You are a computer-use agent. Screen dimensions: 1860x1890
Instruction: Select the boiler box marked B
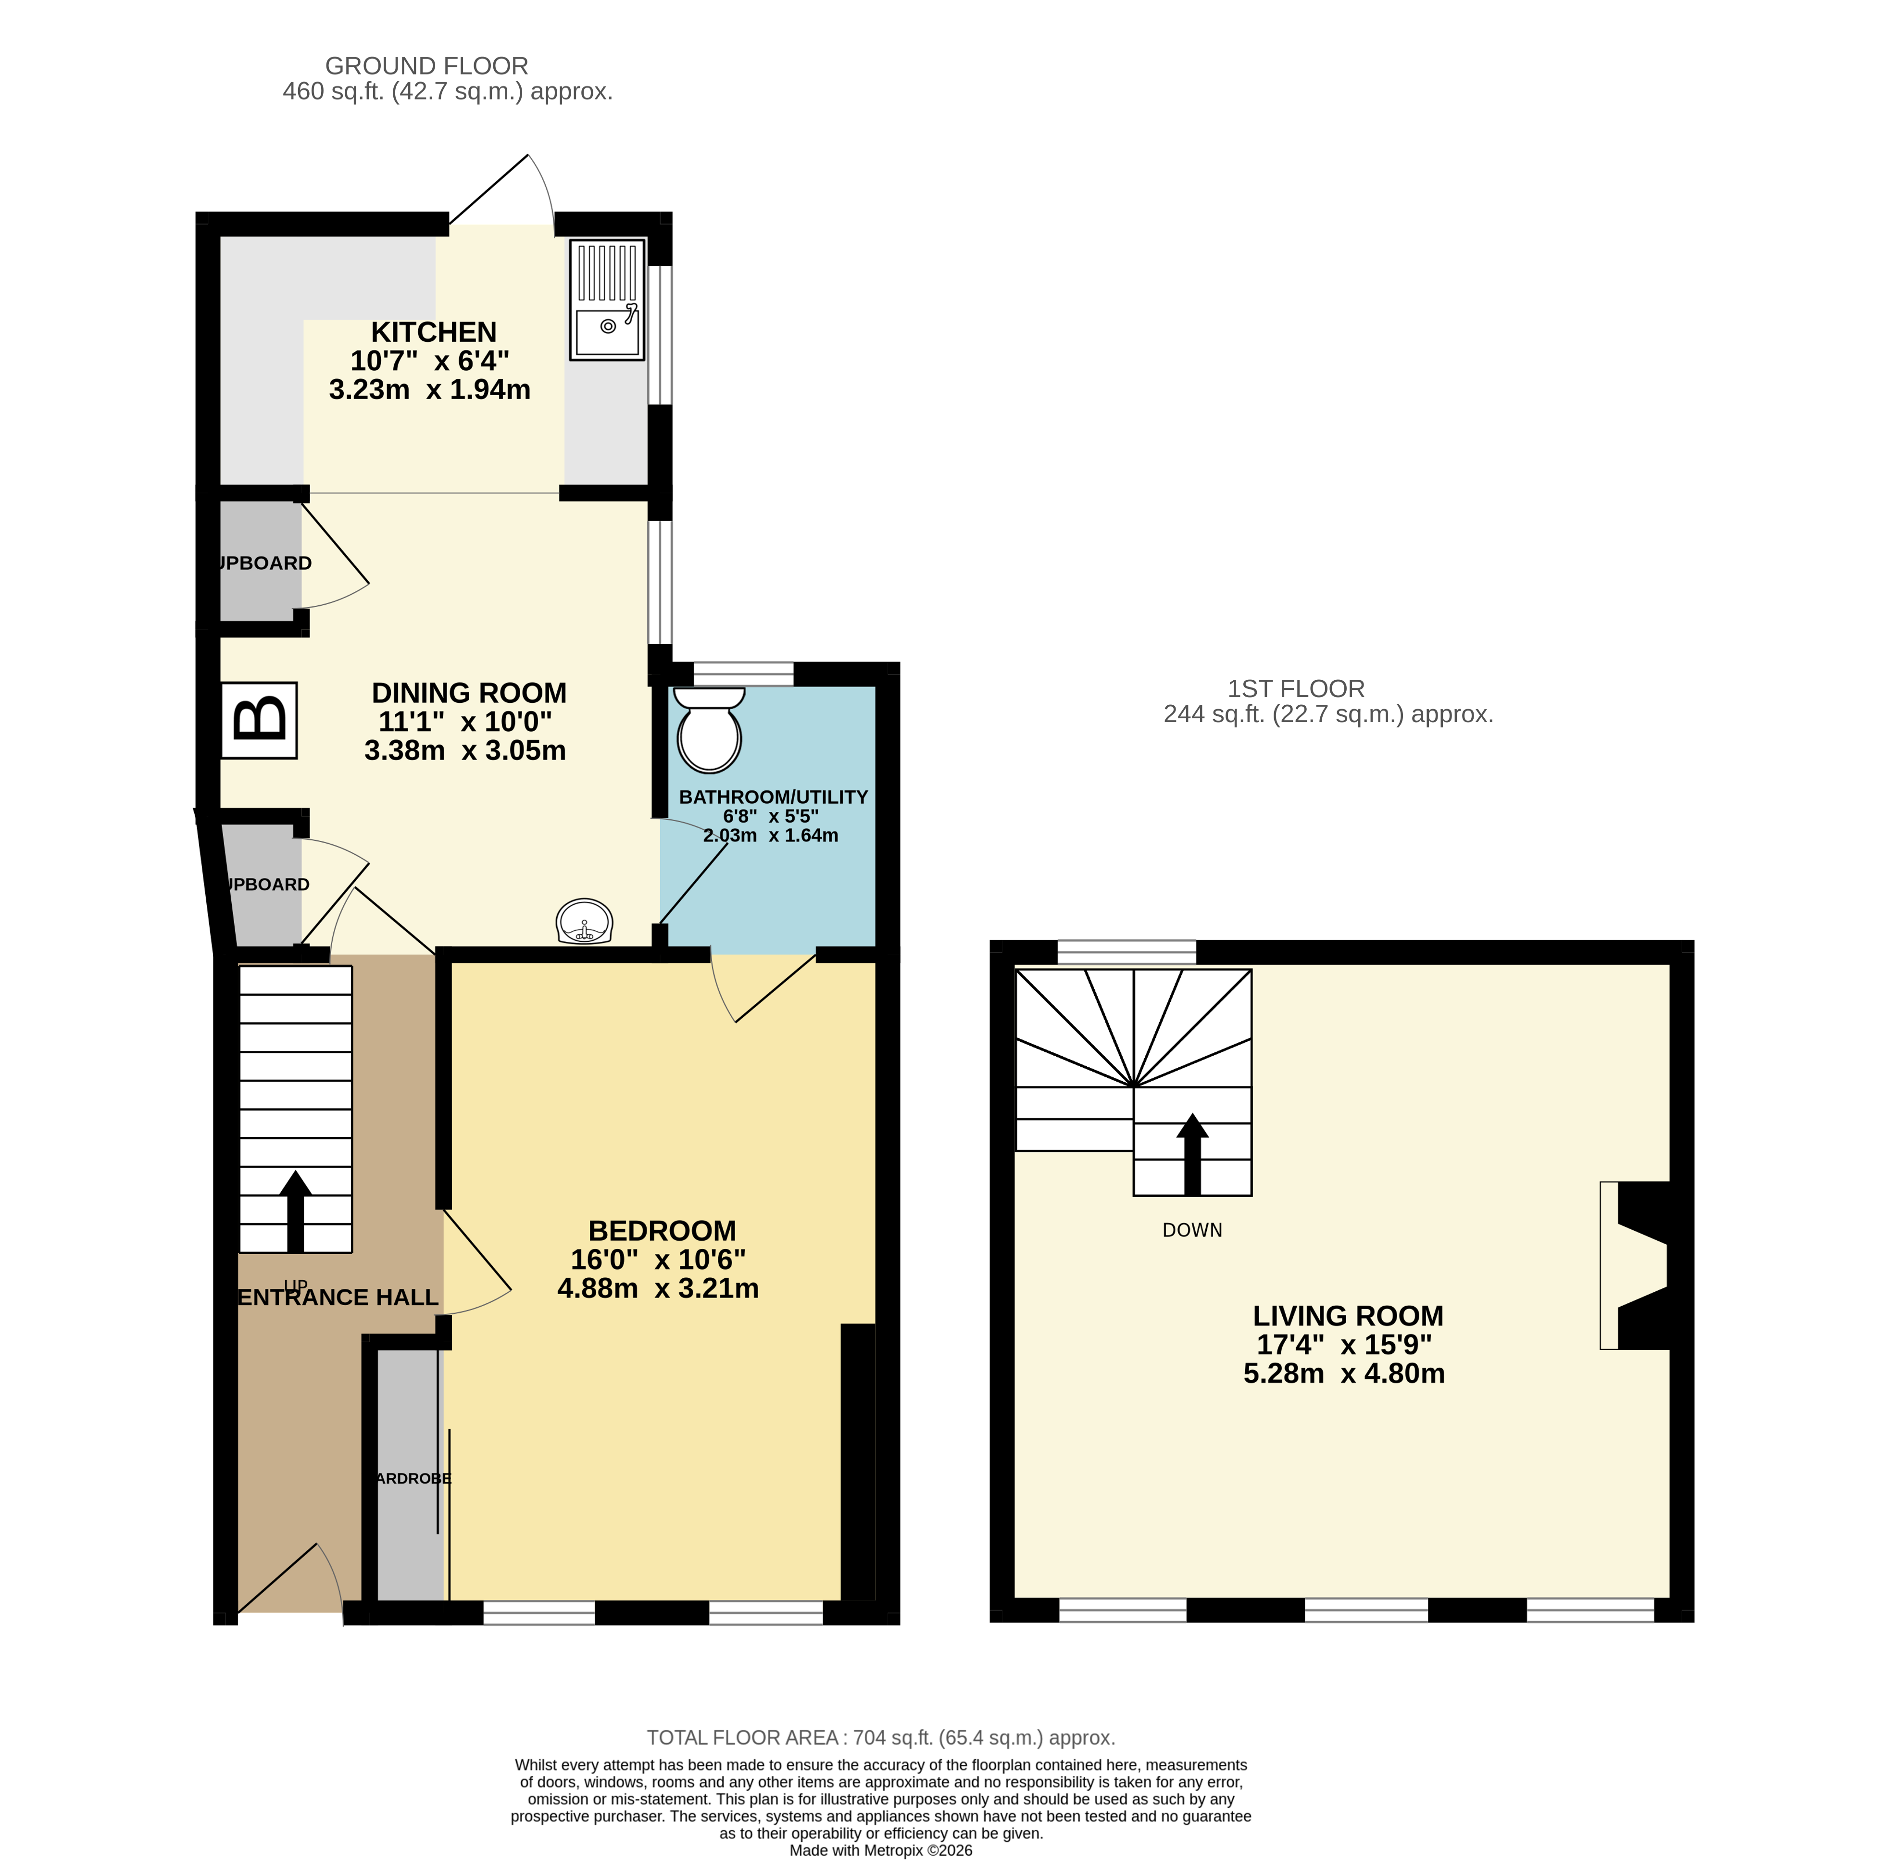259,720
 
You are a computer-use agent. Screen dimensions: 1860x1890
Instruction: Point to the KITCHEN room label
434,332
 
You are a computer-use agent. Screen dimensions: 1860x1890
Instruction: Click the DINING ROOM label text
469,693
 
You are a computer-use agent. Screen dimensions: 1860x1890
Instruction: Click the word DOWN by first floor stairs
1191,1230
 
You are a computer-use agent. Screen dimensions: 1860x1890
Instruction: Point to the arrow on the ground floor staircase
295,1211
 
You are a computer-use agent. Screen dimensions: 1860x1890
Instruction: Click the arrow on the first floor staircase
1191,1153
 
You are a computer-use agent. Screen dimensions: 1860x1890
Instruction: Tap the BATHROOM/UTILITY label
773,797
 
